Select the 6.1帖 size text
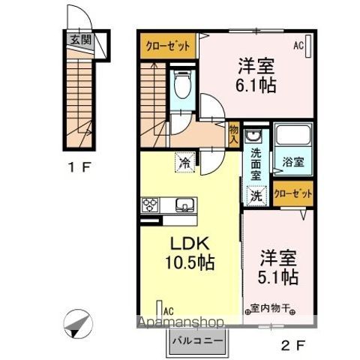[257, 85]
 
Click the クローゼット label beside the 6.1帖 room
[167, 45]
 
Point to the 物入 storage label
[234, 134]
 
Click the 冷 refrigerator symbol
[183, 159]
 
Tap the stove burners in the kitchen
[148, 203]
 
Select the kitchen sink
[184, 203]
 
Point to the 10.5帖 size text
[190, 263]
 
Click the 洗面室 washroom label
[256, 162]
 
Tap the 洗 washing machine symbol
[256, 196]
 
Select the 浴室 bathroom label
[292, 161]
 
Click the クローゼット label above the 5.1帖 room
[292, 193]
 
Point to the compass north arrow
[78, 324]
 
